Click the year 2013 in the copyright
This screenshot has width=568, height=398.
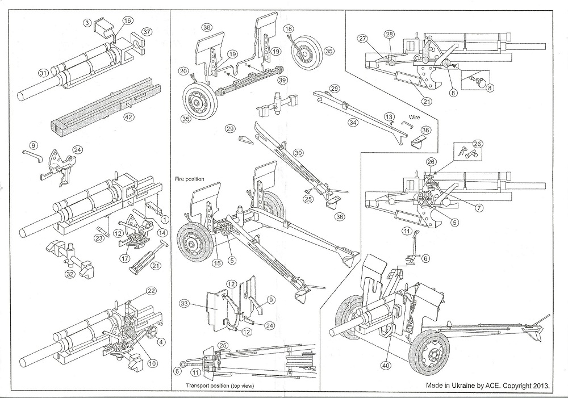(541, 385)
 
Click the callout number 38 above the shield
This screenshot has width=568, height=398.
(207, 27)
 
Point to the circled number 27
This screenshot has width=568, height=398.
(363, 39)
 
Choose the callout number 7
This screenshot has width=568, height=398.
(479, 207)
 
